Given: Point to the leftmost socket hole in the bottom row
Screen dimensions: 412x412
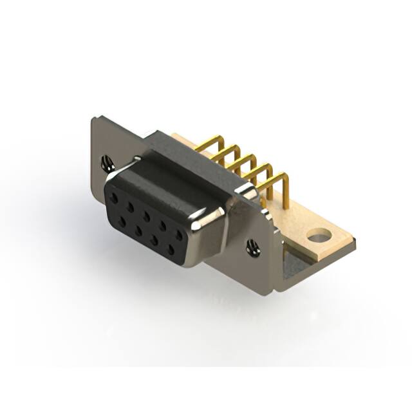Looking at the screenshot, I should (122, 221).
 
